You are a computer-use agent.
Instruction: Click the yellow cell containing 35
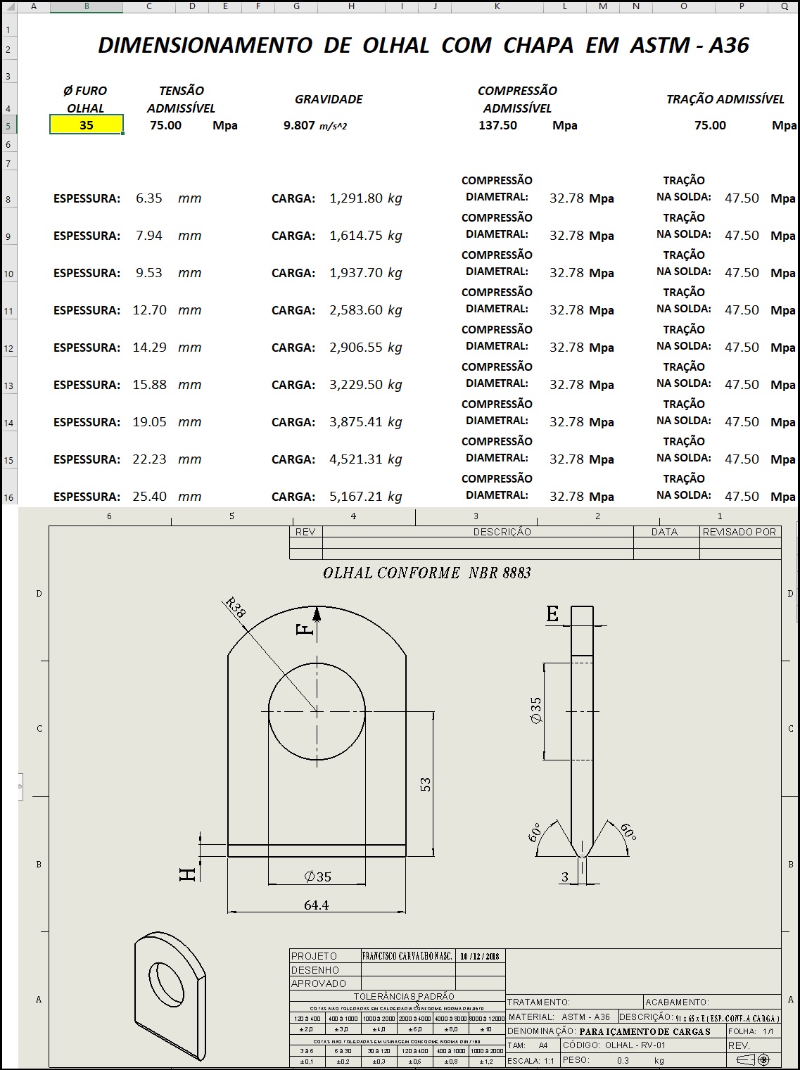click(87, 125)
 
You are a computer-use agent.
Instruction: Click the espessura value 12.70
click(149, 310)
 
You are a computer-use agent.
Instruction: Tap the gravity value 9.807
click(299, 125)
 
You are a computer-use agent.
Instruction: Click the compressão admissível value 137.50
click(497, 125)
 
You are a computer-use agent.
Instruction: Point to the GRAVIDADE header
click(329, 99)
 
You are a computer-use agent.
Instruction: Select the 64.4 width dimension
click(316, 905)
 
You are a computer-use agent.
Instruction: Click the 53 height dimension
click(425, 784)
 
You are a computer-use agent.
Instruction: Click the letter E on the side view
click(553, 615)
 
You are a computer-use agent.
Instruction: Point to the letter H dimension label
click(188, 874)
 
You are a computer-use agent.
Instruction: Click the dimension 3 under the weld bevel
click(565, 877)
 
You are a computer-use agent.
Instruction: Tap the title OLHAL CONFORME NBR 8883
click(426, 573)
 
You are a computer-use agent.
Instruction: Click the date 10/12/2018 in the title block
click(479, 956)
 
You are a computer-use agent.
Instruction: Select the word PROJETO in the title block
click(315, 956)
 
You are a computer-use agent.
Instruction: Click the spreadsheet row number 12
click(8, 349)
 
